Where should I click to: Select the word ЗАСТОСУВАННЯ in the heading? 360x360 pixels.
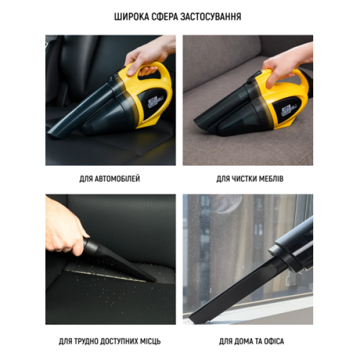coord(211,17)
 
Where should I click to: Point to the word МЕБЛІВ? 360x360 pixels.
coord(271,179)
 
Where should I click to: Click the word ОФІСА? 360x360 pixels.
coord(274,341)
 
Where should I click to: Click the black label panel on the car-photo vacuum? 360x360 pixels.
coord(152,103)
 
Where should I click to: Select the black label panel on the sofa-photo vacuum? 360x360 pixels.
coord(287,110)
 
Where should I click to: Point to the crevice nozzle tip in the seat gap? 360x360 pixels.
coord(152,279)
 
